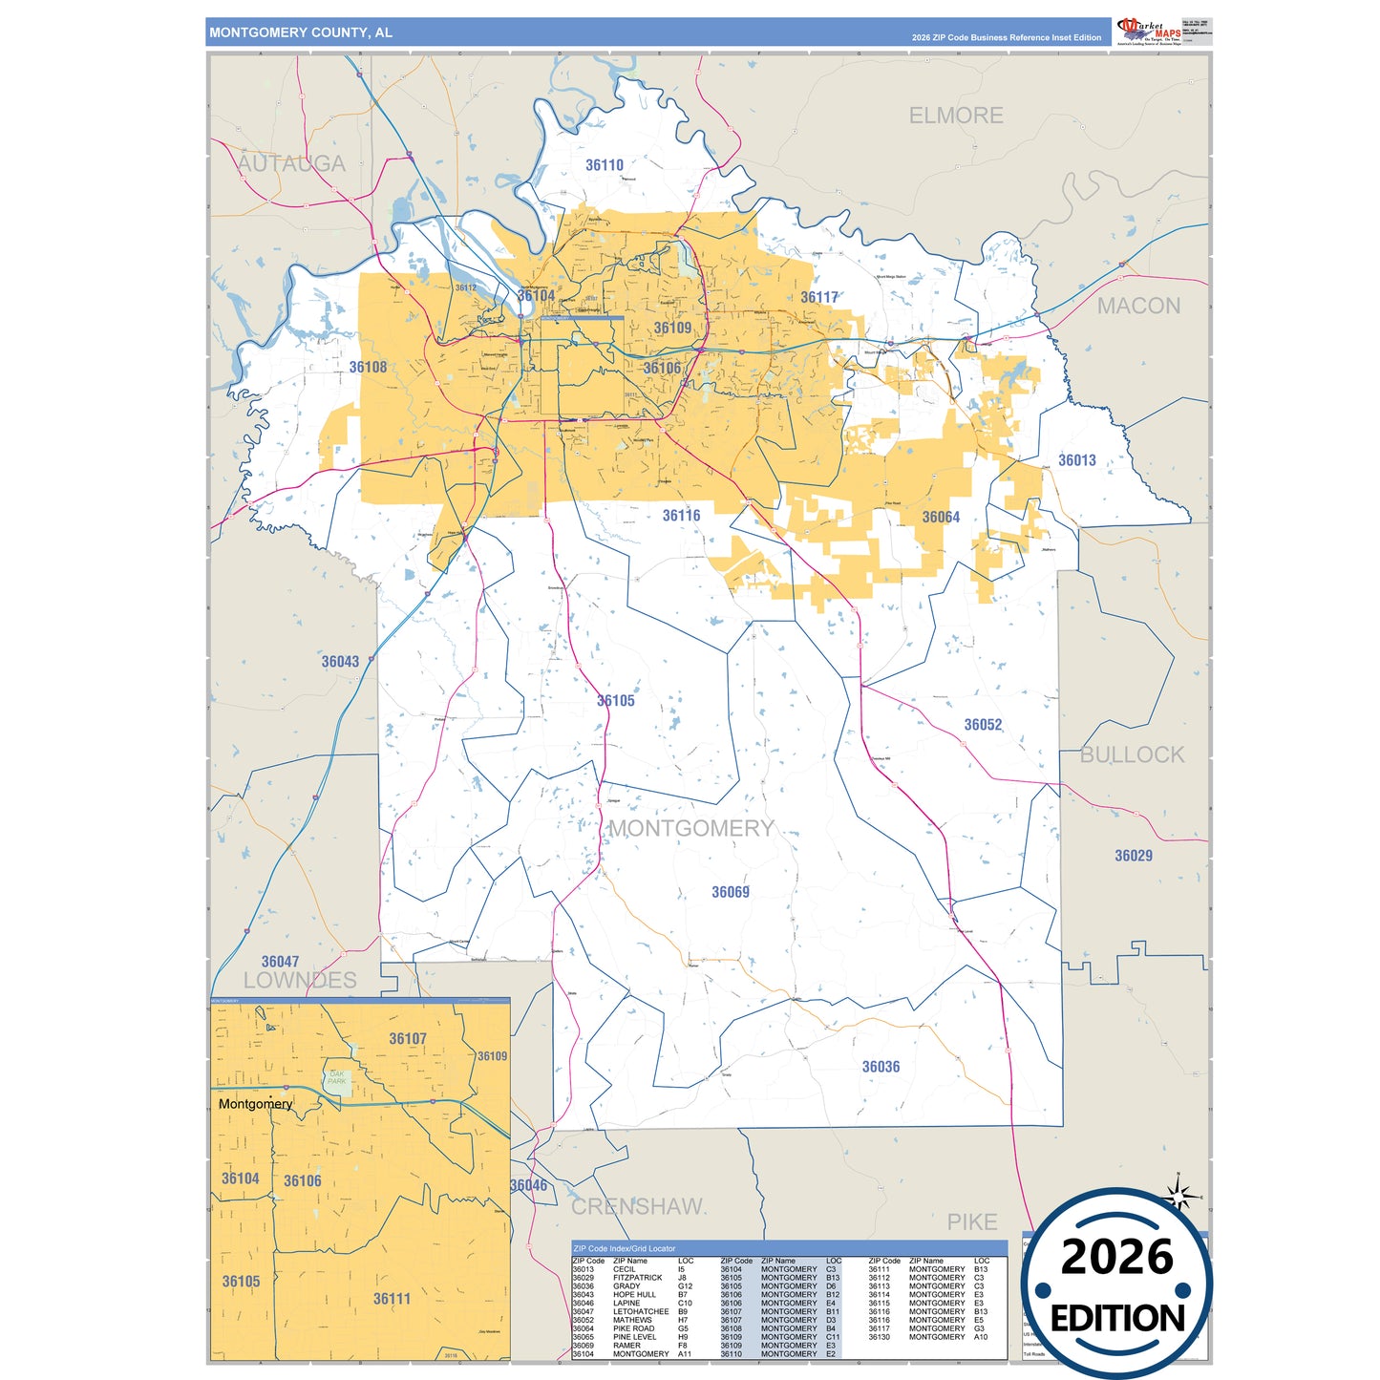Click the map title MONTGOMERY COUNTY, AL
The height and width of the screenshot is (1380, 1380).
301,32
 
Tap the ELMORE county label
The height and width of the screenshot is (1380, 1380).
955,116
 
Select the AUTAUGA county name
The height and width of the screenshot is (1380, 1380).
291,163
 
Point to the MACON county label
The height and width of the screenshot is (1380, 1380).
1137,306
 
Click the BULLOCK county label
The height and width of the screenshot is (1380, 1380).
1132,754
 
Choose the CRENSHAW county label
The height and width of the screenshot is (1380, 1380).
636,1206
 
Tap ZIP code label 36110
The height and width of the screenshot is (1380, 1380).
604,165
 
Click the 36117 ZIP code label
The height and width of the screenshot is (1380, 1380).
818,297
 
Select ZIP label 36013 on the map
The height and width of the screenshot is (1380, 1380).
1076,460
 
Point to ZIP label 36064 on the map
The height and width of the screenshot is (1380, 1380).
940,517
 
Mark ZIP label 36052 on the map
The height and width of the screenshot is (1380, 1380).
983,725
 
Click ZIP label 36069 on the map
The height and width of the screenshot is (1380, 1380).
730,892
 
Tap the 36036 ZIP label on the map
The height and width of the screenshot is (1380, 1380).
881,1067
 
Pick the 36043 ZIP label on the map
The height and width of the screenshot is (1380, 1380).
340,661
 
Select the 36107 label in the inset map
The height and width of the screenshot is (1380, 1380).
407,1038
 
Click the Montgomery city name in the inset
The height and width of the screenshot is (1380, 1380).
255,1104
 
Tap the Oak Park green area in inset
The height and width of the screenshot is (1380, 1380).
337,1078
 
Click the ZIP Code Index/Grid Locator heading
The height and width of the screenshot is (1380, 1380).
624,1248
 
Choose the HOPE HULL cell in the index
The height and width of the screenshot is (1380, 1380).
634,1295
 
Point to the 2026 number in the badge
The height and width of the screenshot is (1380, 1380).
1116,1257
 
